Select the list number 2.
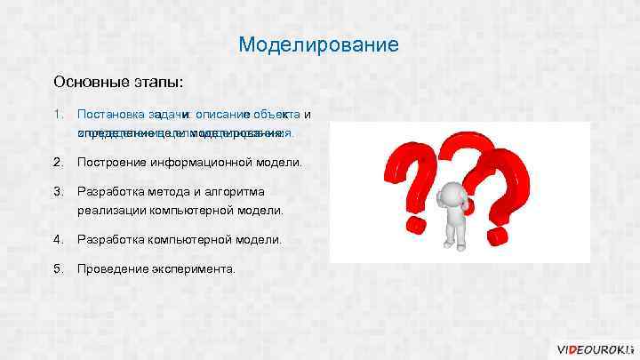tap(58, 163)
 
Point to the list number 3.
tap(58, 192)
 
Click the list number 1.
tap(58, 115)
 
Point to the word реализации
tap(110, 211)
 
